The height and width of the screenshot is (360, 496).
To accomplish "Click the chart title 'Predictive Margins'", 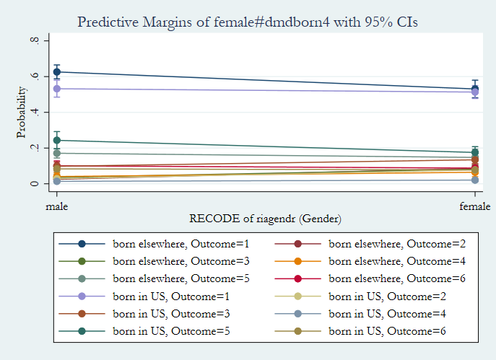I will pos(248,22).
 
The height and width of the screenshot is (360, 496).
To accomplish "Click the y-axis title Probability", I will pos(21,113).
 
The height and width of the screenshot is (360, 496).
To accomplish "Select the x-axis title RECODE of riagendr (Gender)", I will pos(265,218).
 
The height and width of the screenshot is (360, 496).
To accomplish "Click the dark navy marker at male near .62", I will pos(57,72).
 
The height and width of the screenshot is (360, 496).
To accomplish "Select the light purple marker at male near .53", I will pos(57,89).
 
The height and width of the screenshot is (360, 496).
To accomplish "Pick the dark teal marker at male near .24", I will pos(57,140).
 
